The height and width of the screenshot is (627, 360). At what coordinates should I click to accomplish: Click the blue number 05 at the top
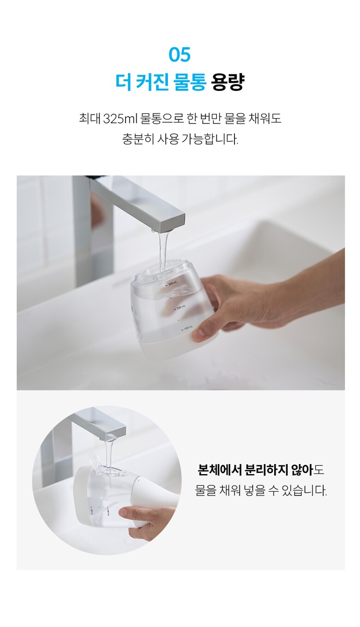[x=180, y=54]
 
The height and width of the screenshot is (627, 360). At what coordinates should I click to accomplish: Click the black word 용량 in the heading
[x=228, y=82]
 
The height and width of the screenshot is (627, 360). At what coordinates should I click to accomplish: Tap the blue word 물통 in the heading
[x=190, y=82]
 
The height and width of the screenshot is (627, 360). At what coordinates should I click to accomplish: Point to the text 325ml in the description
[x=120, y=119]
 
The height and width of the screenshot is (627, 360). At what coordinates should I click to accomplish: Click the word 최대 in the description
[x=90, y=119]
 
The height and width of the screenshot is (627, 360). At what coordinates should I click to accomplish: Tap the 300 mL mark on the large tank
[x=171, y=285]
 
